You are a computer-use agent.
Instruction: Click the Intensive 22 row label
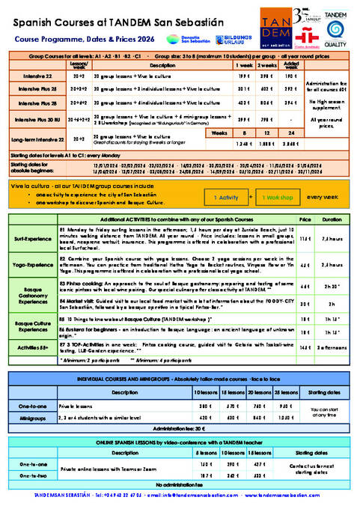coord(32,76)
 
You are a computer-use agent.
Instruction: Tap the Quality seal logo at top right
coord(335,31)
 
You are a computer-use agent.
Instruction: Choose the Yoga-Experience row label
coord(31,264)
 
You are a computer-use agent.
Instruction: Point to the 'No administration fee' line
coord(180,484)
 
